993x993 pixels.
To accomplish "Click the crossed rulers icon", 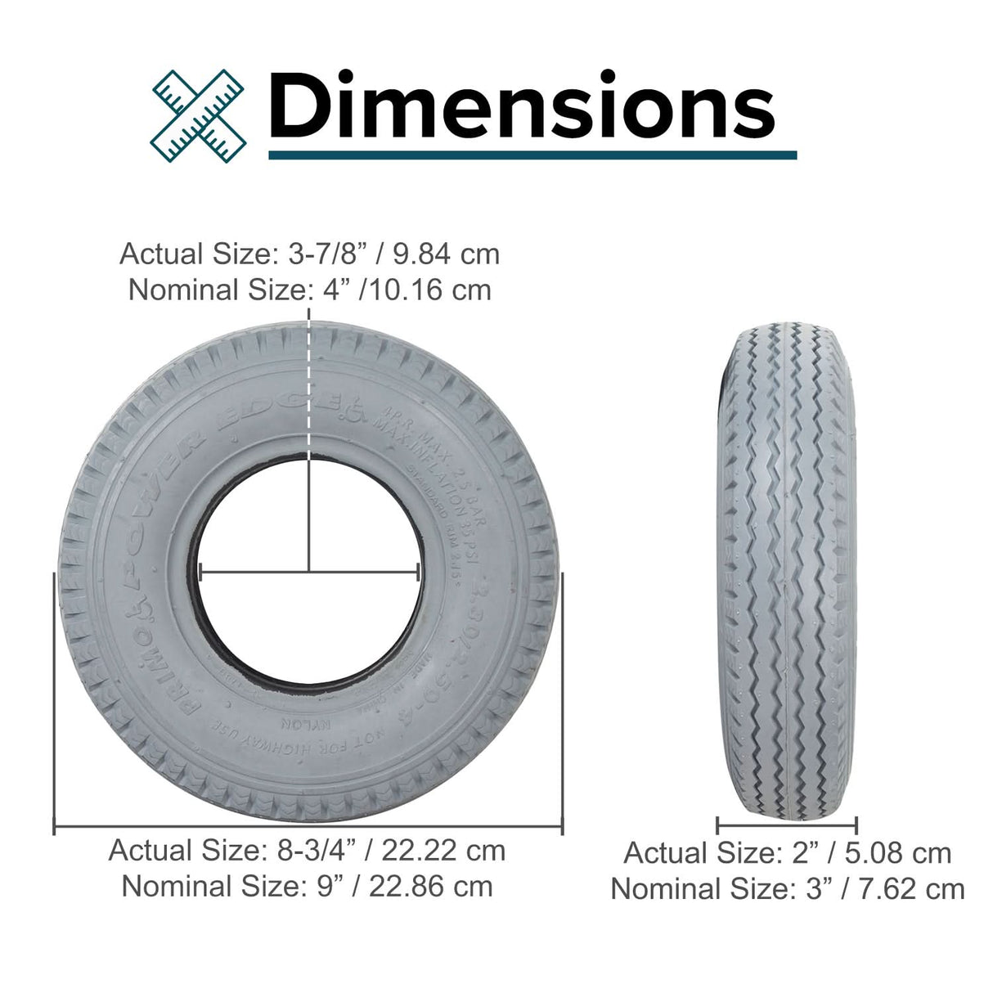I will pyautogui.click(x=199, y=115).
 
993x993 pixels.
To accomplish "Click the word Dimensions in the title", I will pyautogui.click(x=521, y=107).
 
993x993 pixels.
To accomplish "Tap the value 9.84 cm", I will pyautogui.click(x=446, y=254).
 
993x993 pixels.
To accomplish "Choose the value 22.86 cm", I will pyautogui.click(x=431, y=886).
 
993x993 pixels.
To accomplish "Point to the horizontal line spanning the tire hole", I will pyautogui.click(x=309, y=572).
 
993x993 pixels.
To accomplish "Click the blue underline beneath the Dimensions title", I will pyautogui.click(x=532, y=154).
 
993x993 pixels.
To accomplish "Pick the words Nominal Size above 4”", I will pyautogui.click(x=216, y=290).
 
